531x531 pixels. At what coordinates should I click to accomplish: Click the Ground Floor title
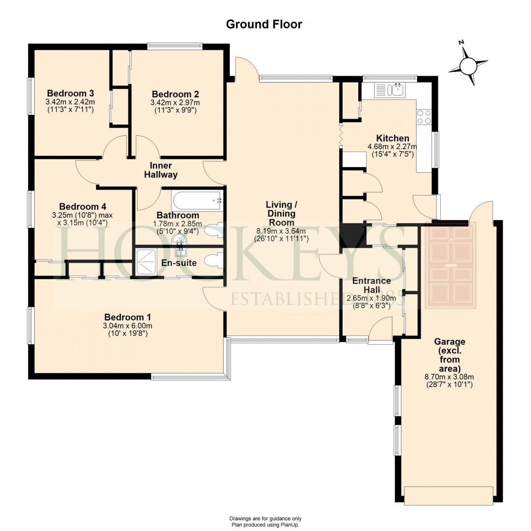[x=264, y=24]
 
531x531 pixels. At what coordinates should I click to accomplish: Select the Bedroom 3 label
[x=70, y=93]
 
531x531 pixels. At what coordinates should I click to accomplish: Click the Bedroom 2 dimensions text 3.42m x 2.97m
[x=175, y=102]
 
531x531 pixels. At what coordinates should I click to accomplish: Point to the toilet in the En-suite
[x=212, y=261]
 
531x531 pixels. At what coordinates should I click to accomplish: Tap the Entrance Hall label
[x=371, y=285]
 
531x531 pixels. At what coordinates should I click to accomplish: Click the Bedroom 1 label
[x=128, y=317]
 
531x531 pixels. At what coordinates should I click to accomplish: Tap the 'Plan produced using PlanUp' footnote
[x=265, y=524]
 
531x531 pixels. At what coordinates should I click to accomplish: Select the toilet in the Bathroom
[x=212, y=230]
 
